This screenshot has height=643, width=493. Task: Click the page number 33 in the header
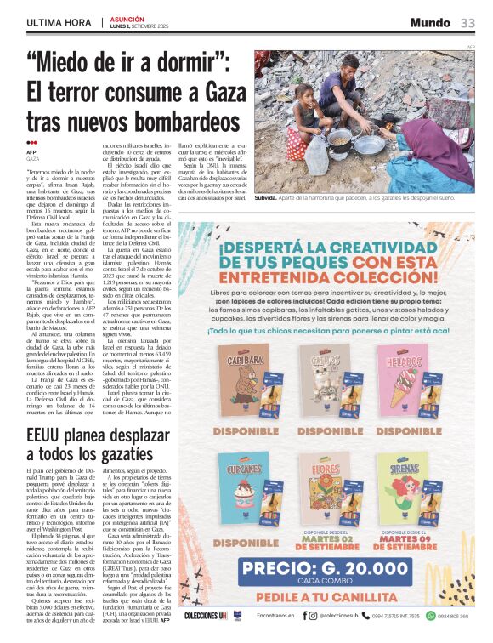click(x=468, y=23)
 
